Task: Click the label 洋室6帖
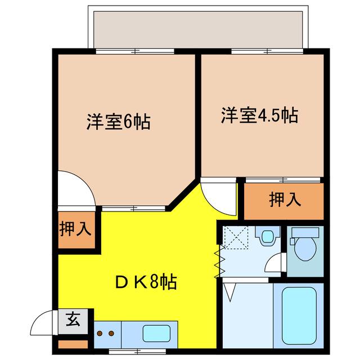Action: coord(119,121)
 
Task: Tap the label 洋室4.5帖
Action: coord(260,115)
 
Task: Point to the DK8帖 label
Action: coord(146,282)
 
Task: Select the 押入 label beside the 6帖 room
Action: coord(75,229)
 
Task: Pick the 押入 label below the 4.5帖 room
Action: coord(285,199)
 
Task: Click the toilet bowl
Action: coord(305,249)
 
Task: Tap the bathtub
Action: coord(299,316)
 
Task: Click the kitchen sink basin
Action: coord(156,333)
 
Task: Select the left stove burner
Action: coord(100,333)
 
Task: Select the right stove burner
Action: coord(111,333)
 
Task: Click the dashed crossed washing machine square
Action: coord(236,237)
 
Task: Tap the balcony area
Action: coord(198,30)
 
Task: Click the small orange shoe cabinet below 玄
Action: coord(73,344)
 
